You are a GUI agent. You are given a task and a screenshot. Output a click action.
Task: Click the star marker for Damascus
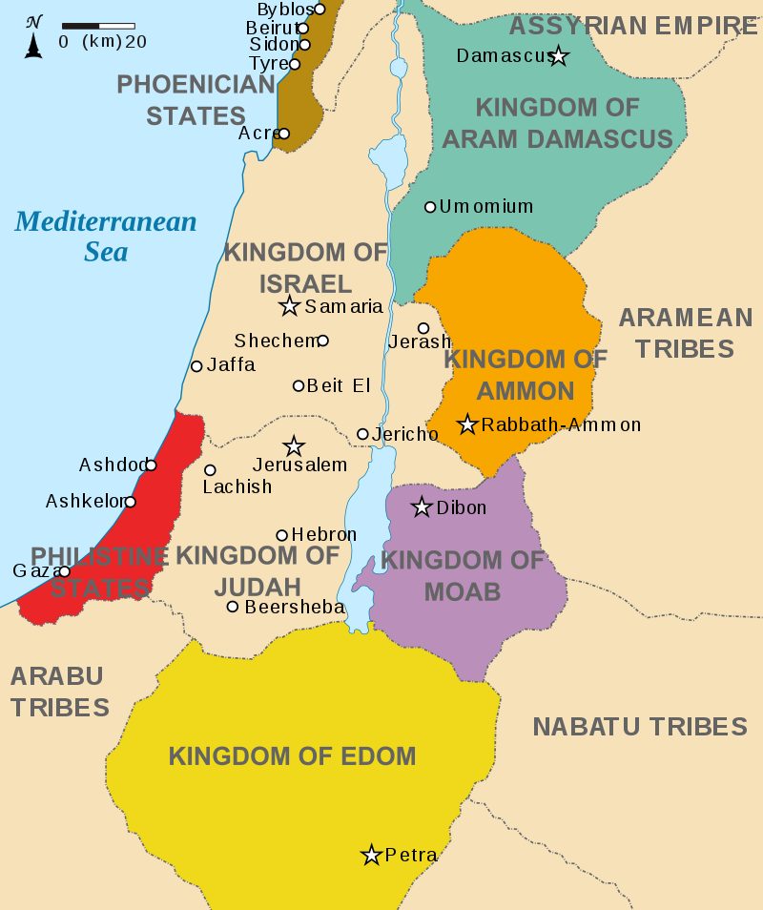pos(559,57)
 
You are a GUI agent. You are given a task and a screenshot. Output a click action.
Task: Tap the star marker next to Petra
pos(371,855)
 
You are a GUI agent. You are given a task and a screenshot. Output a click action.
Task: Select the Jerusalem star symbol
pos(294,446)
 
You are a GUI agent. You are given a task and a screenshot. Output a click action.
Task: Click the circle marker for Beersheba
pos(233,607)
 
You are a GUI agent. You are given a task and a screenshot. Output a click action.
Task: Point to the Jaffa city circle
pos(196,365)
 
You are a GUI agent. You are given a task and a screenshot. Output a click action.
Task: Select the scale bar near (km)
pos(98,25)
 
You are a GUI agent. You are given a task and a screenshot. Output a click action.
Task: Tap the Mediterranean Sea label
pos(105,237)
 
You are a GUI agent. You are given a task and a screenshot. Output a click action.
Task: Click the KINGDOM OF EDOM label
pos(292,756)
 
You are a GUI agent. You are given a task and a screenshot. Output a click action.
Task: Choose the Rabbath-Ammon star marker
pos(467,424)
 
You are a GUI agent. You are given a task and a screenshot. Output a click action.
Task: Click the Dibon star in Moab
pos(422,507)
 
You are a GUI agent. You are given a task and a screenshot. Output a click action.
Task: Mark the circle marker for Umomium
pos(430,207)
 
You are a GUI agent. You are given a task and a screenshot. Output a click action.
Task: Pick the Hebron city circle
pos(282,535)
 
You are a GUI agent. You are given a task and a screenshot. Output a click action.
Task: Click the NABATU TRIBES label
pos(639,727)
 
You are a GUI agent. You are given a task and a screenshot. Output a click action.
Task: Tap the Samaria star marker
pos(290,306)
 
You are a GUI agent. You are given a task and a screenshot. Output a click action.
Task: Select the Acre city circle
pos(283,134)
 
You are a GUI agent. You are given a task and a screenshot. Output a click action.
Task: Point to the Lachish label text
pos(237,486)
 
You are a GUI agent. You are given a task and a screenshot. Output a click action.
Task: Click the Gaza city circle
pos(64,571)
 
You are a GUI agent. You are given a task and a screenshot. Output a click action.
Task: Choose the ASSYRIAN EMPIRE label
pos(632,26)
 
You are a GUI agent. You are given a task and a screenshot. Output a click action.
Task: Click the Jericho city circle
pos(362,434)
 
